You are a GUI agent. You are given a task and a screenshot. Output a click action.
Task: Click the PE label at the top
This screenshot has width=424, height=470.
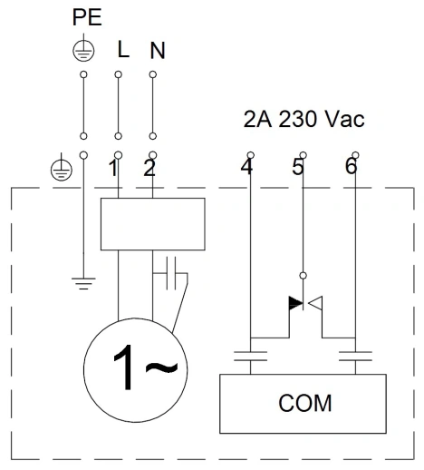click(87, 17)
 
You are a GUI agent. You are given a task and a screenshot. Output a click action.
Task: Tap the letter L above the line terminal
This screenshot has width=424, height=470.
click(123, 50)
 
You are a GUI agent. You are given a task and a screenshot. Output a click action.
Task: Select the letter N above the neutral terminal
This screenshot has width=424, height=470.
click(158, 51)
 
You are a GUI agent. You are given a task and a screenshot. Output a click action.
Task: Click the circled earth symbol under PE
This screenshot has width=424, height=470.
click(83, 51)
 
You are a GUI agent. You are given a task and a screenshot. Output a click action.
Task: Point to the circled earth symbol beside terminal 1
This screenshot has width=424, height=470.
click(62, 170)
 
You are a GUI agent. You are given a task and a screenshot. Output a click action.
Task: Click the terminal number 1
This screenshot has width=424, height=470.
click(113, 168)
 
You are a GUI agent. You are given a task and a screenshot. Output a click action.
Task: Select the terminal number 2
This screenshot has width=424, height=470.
click(149, 168)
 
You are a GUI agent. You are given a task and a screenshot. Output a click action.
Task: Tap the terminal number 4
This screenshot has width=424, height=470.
click(246, 167)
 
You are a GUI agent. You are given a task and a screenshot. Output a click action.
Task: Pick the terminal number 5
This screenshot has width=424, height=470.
click(297, 167)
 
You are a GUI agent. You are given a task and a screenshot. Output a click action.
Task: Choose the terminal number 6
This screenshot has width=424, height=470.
click(352, 166)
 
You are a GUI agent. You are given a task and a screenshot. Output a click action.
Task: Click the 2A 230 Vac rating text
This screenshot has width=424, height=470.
click(304, 119)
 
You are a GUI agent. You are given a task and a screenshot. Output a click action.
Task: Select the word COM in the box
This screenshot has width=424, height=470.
click(304, 403)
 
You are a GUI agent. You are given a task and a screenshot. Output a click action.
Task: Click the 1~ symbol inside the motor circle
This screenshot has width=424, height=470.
click(145, 367)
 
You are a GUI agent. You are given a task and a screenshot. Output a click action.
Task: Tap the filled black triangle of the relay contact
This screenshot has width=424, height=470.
click(295, 303)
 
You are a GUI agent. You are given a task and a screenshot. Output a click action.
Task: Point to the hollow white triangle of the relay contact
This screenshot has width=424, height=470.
click(315, 303)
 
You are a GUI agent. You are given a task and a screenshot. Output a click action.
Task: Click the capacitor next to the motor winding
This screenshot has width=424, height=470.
click(170, 273)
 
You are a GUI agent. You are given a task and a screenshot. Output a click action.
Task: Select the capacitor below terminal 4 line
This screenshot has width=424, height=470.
click(250, 356)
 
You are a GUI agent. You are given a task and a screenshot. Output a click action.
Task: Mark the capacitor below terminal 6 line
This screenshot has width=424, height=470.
click(355, 356)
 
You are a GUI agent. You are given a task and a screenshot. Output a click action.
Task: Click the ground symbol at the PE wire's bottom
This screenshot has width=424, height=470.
click(83, 284)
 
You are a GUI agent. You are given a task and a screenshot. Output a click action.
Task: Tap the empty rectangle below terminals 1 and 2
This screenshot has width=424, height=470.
click(153, 224)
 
